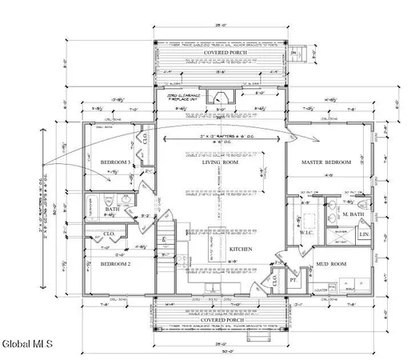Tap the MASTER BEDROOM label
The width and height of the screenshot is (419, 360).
pyautogui.click(x=326, y=162)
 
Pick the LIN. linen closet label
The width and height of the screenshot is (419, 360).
pyautogui.click(x=364, y=234)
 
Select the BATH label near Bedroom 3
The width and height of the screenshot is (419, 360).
pyautogui.click(x=114, y=210)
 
